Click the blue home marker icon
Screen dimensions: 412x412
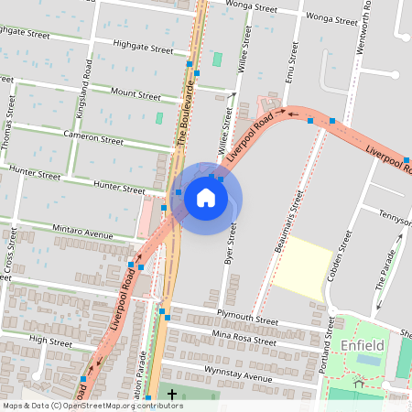(x=206, y=197)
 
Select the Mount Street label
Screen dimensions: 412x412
(x=135, y=93)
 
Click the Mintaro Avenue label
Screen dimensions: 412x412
(x=82, y=233)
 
